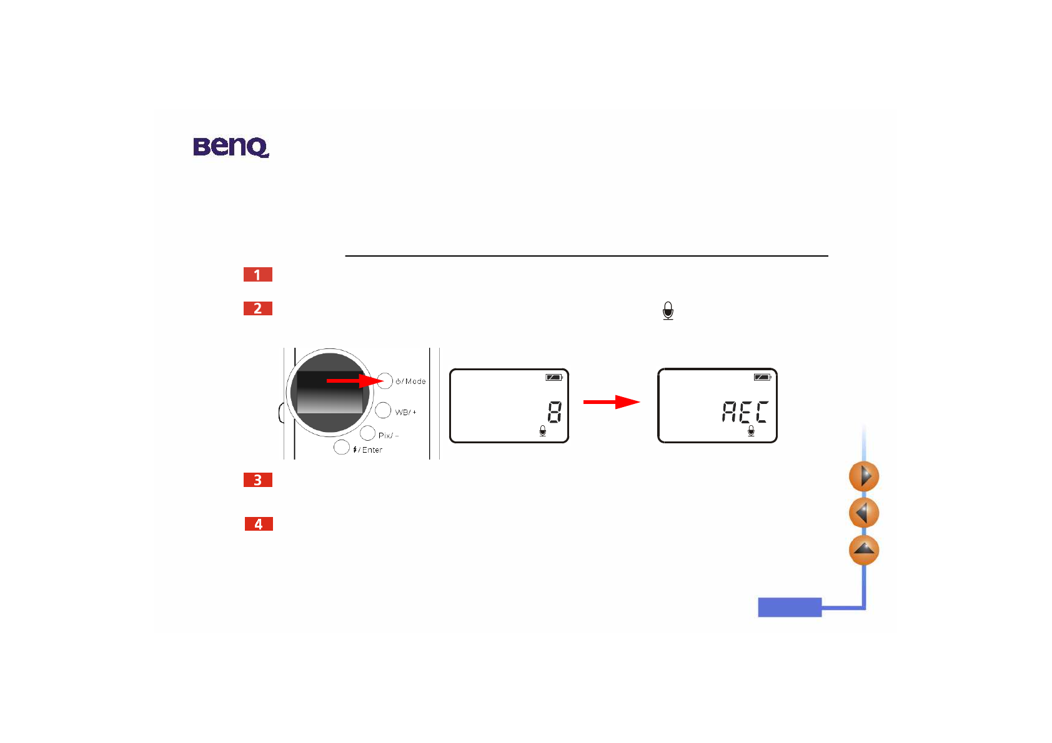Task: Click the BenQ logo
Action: click(231, 147)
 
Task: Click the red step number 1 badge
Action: click(257, 275)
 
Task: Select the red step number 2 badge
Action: click(257, 308)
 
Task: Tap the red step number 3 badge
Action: click(257, 480)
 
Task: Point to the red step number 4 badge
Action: click(259, 524)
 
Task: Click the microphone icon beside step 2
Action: click(668, 310)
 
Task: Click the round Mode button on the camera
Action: click(385, 381)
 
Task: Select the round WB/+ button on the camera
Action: click(383, 410)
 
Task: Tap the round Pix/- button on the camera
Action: click(367, 433)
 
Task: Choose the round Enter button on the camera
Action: click(342, 447)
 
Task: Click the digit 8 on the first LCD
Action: click(554, 412)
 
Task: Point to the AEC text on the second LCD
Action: click(745, 412)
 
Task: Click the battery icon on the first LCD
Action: click(554, 377)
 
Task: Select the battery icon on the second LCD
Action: click(762, 377)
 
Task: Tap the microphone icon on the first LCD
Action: click(542, 431)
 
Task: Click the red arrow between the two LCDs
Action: click(611, 402)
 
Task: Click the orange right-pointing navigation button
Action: click(864, 476)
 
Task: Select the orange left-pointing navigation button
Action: click(864, 513)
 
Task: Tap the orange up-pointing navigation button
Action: click(864, 550)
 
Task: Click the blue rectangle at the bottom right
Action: click(790, 607)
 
